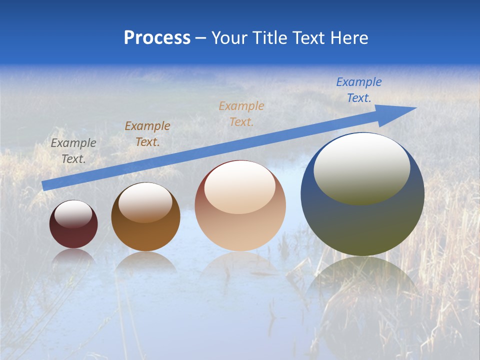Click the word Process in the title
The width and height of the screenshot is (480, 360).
[x=157, y=37]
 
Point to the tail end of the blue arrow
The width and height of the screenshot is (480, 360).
[x=45, y=185]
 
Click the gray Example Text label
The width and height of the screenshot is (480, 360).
[x=73, y=150]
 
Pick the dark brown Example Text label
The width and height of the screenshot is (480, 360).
[x=147, y=133]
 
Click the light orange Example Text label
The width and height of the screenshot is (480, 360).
[x=241, y=113]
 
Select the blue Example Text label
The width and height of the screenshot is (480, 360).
[x=359, y=89]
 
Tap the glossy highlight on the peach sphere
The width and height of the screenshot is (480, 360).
[x=240, y=187]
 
